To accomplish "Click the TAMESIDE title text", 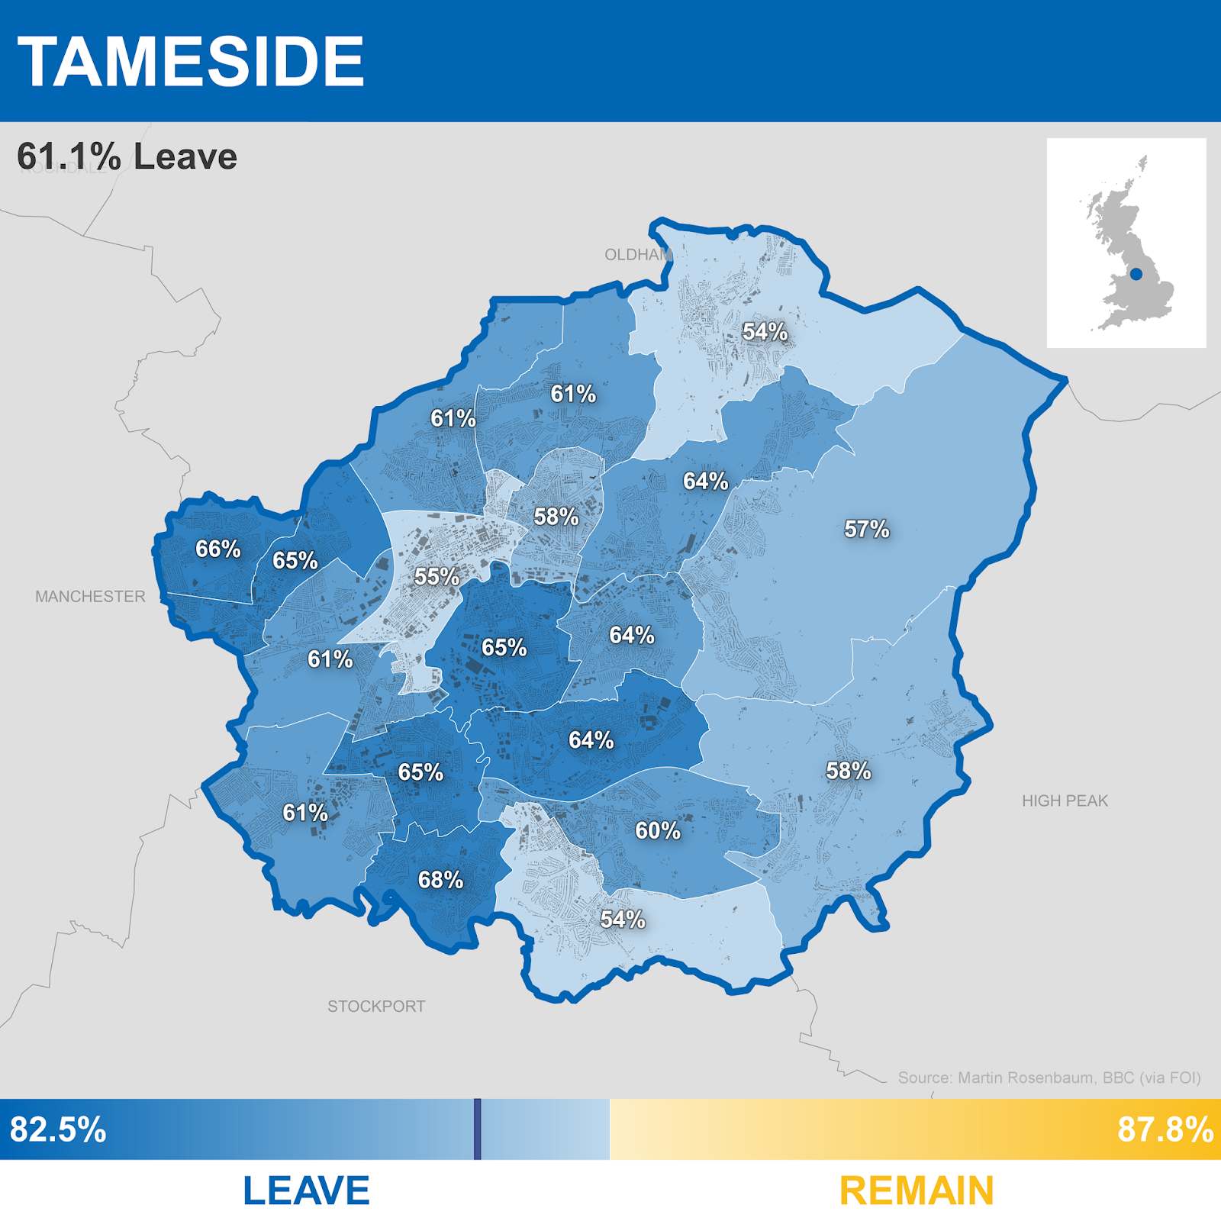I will [191, 63].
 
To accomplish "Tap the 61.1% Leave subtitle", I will [127, 157].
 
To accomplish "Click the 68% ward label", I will [440, 880].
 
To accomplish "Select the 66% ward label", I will [217, 549].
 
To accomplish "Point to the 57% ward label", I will [866, 529].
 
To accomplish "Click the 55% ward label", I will [437, 576].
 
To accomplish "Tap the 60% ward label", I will [657, 830].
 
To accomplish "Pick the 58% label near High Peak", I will [848, 771].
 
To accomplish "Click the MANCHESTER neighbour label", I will [90, 597].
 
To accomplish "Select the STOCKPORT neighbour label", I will [376, 1007].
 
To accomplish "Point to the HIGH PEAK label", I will [1065, 801].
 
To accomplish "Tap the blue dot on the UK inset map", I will [1136, 274].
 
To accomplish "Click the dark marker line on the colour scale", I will [478, 1129].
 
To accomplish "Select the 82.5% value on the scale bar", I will [58, 1129].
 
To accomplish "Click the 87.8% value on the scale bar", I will [1165, 1129].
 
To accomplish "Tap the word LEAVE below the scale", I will [306, 1191].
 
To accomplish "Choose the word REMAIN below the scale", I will [917, 1191].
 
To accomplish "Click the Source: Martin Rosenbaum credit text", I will [1049, 1078].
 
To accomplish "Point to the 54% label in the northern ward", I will [765, 331].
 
